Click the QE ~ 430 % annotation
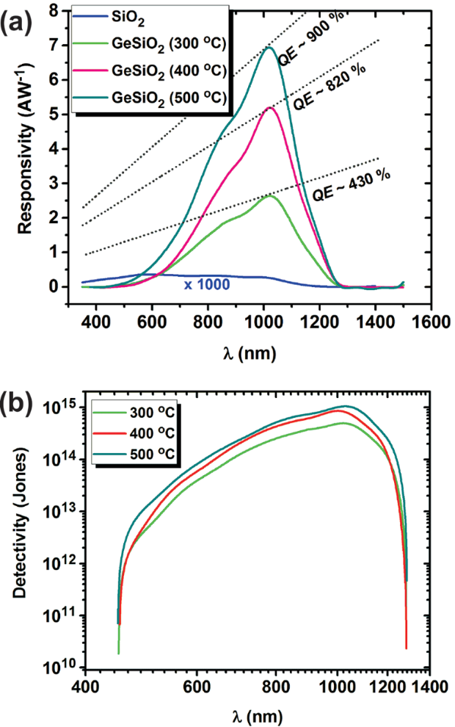(x=351, y=187)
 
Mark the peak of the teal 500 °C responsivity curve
(x=269, y=48)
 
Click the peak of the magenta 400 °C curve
(x=269, y=107)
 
